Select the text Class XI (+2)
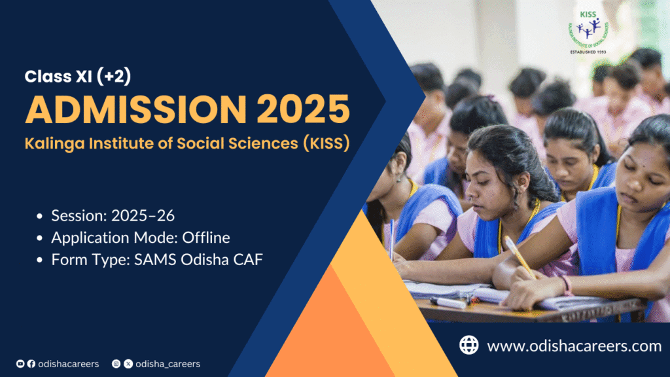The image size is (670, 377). click(78, 77)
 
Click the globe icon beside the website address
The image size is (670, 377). click(468, 345)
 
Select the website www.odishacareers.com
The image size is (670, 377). click(574, 346)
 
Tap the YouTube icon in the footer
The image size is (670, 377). click(20, 363)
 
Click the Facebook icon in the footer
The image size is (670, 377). click(30, 363)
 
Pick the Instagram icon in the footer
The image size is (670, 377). click(116, 363)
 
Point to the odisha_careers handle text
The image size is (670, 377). click(167, 363)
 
